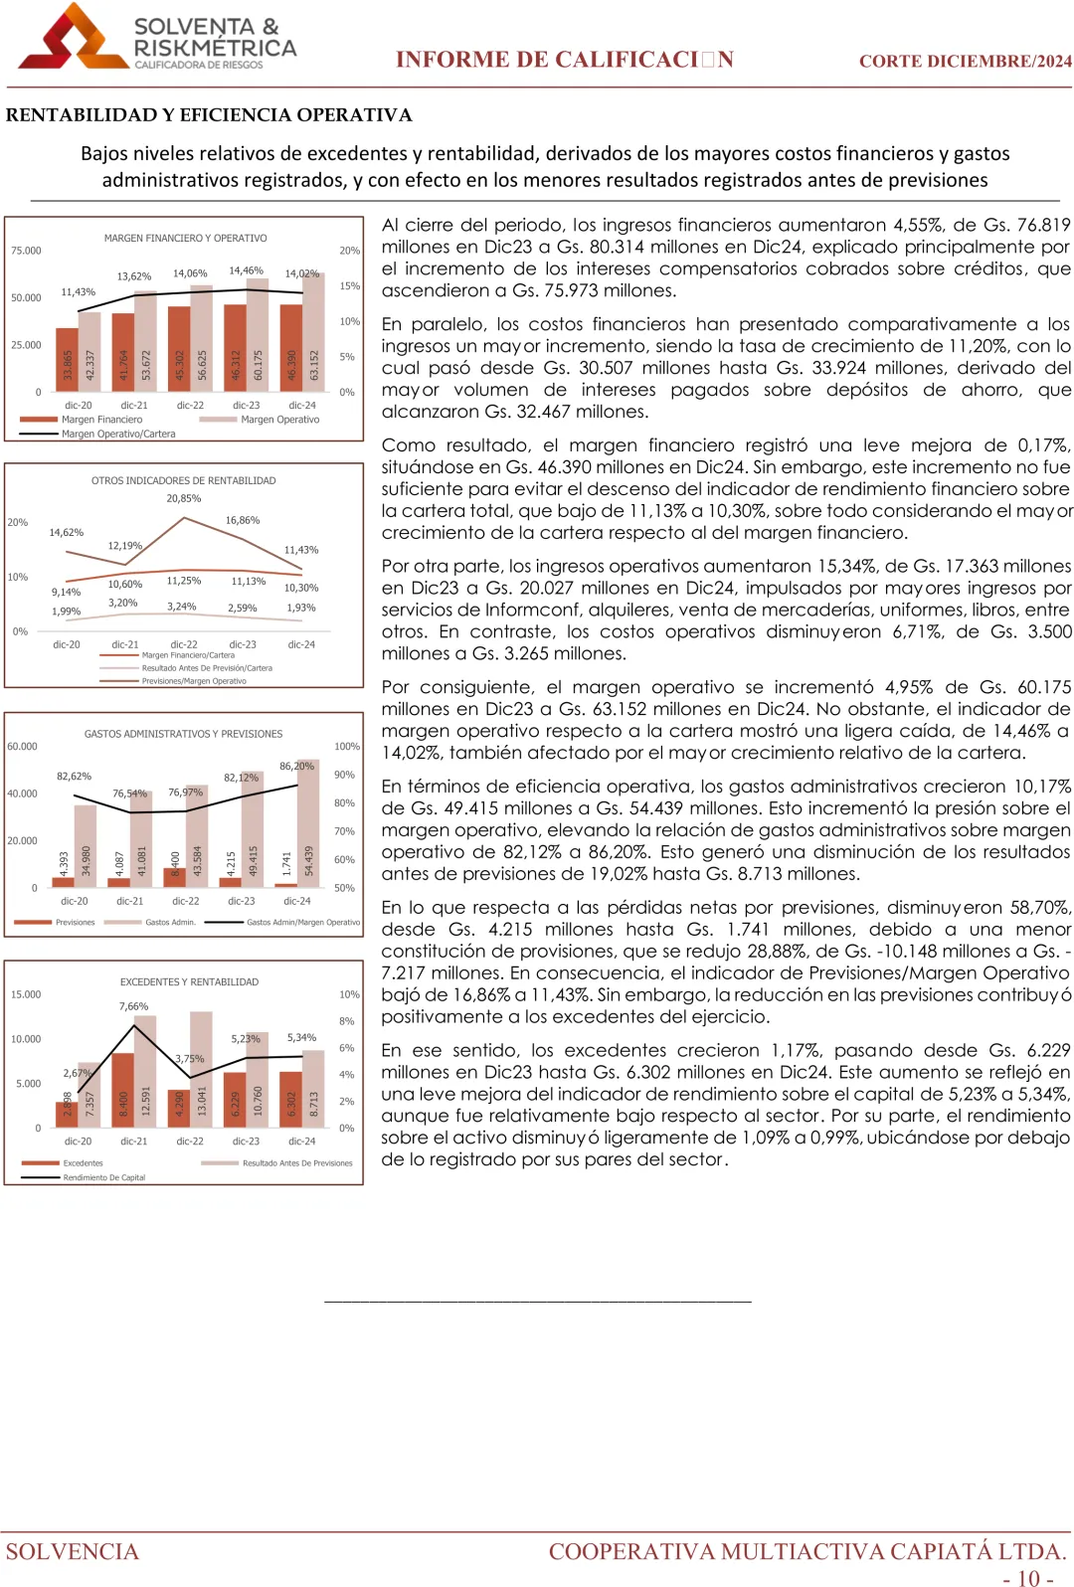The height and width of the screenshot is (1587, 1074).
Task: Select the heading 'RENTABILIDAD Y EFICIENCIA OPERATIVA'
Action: coord(209,115)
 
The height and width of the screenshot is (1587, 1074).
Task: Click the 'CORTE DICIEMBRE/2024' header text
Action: coord(965,61)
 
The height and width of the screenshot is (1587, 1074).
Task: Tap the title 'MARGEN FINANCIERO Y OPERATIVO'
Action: coord(185,239)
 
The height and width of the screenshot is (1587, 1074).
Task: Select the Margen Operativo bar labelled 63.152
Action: coord(314,328)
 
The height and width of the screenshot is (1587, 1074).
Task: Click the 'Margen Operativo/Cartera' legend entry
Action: coord(117,434)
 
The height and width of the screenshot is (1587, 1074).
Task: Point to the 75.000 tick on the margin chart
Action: coord(26,251)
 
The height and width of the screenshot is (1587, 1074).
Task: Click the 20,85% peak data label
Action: coord(183,498)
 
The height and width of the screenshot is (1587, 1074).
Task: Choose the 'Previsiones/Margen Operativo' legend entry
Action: coord(193,681)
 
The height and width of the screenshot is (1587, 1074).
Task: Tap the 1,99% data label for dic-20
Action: coord(66,612)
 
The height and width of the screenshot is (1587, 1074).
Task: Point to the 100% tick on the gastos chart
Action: coord(346,746)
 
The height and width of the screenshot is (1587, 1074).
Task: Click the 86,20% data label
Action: coord(296,766)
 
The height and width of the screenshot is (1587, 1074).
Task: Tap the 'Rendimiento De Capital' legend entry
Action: coord(103,1177)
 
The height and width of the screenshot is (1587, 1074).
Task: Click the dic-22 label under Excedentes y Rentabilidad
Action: coord(190,1142)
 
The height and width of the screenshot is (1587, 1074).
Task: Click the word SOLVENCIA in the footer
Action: coord(73,1551)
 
